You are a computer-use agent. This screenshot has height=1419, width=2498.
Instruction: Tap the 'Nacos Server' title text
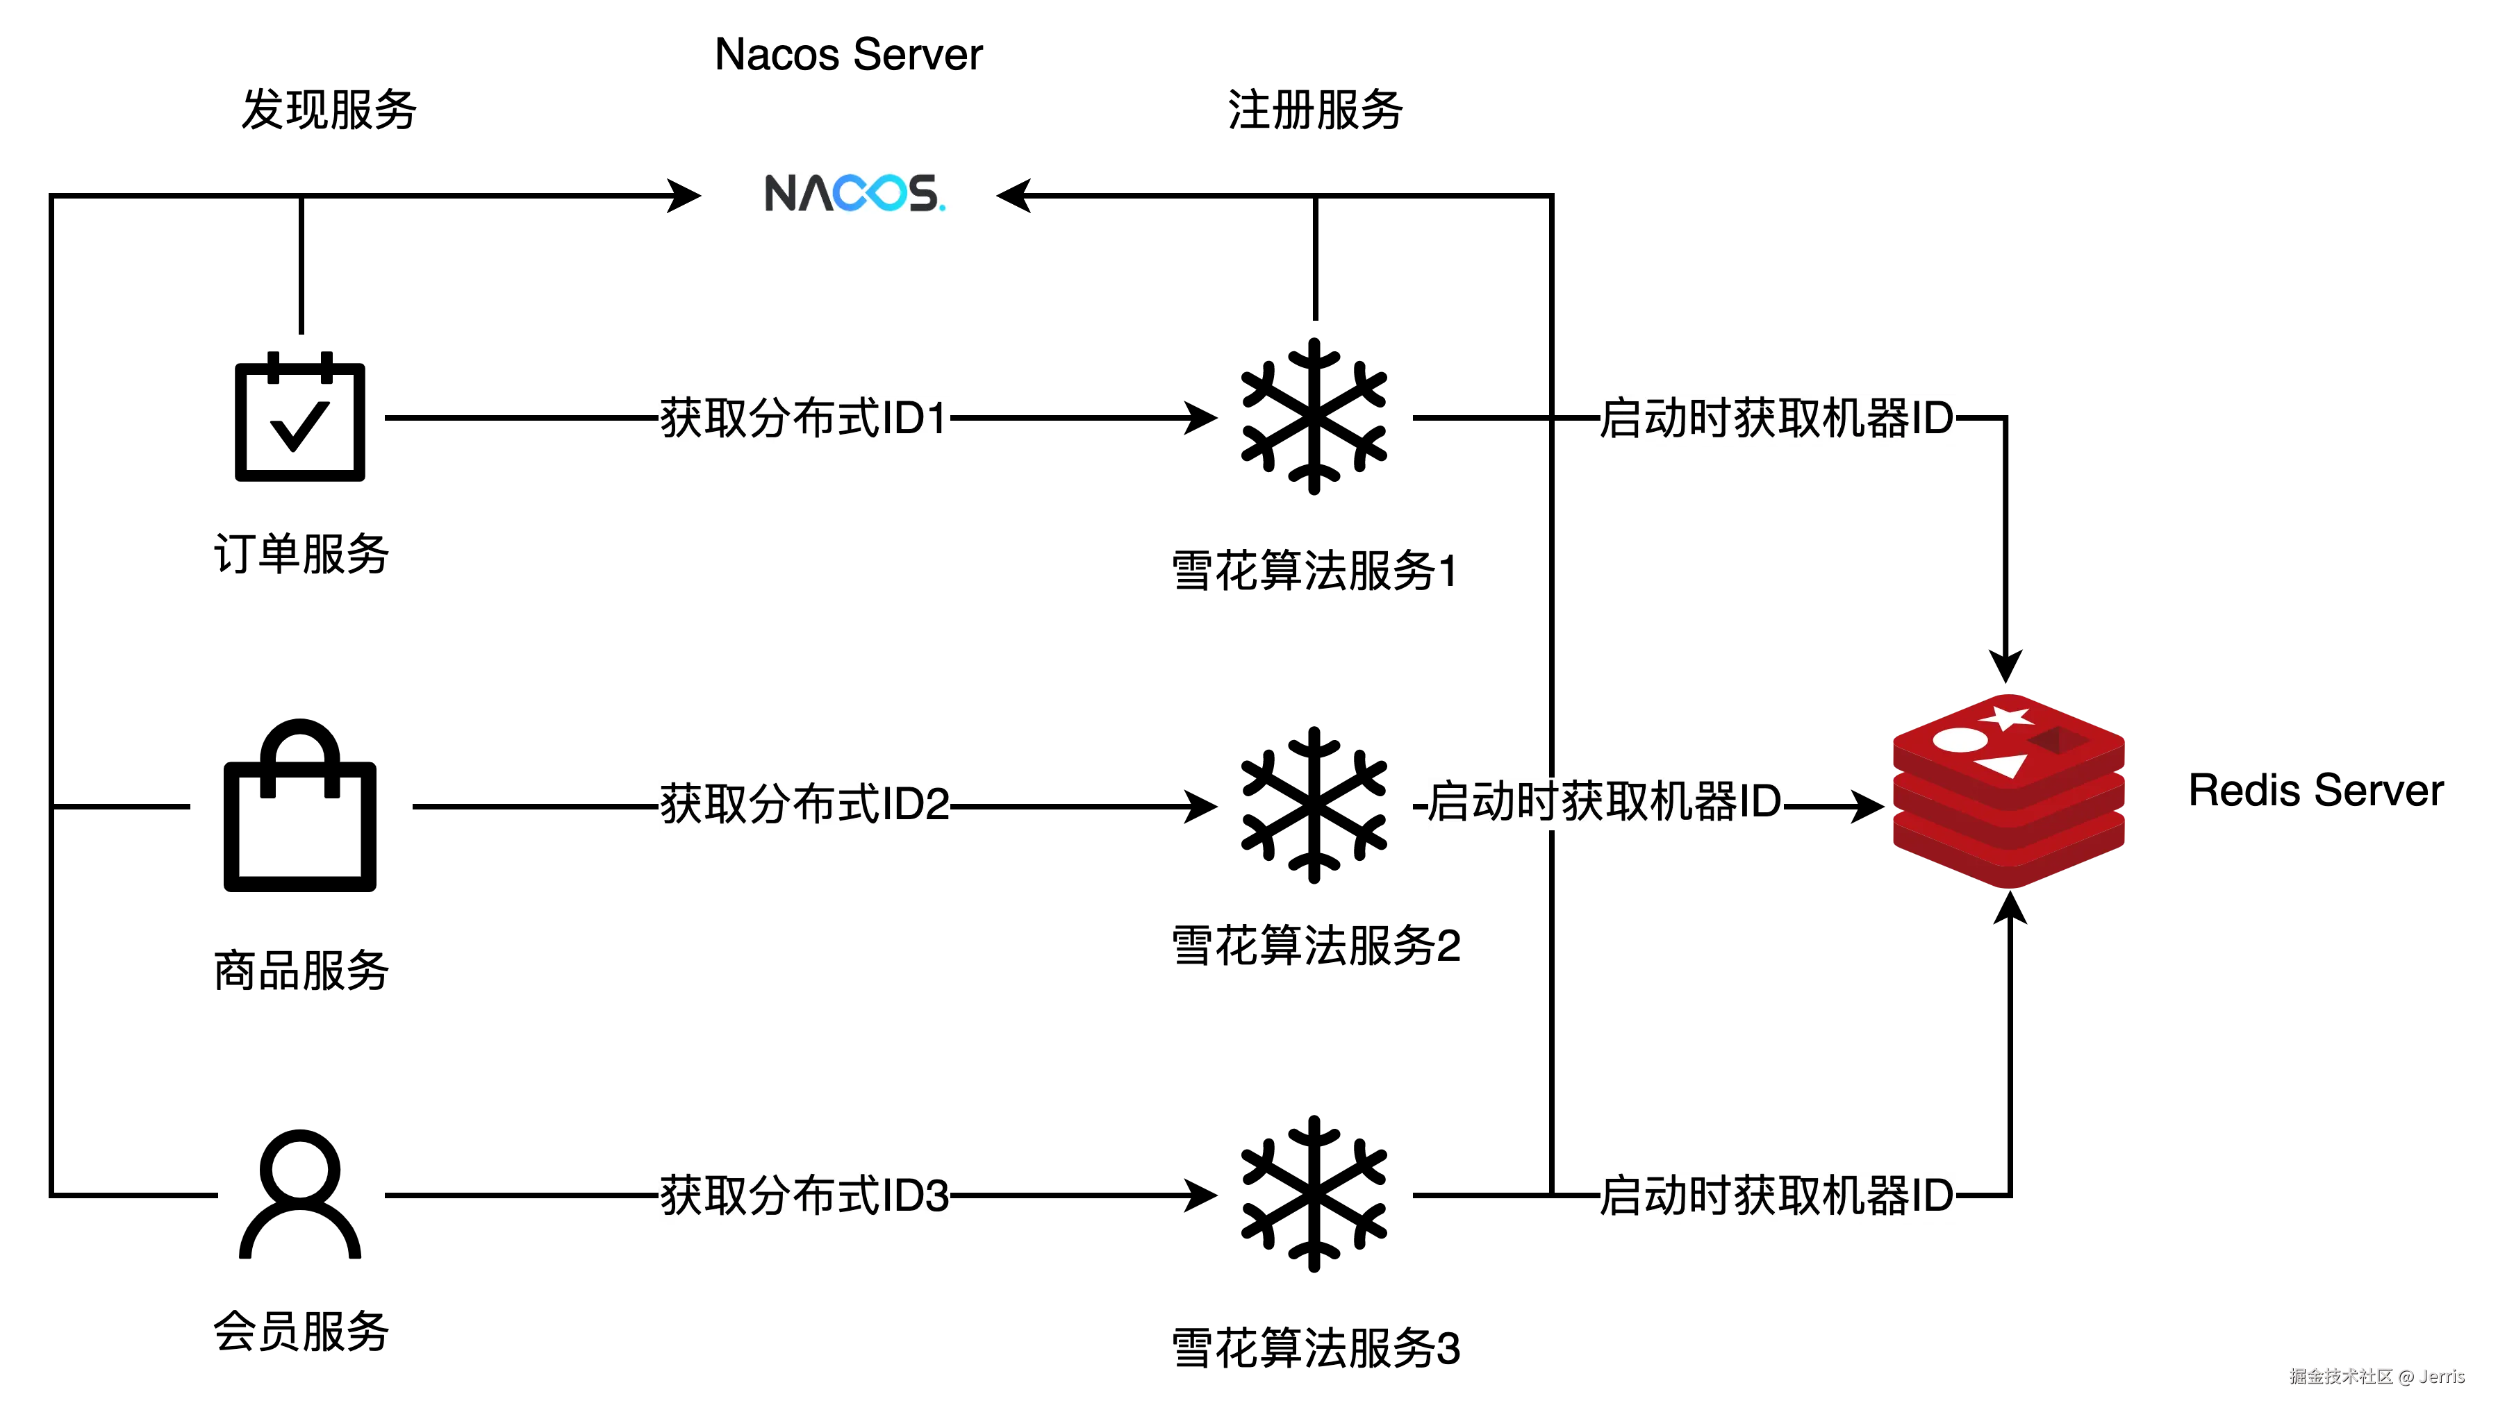pyautogui.click(x=848, y=55)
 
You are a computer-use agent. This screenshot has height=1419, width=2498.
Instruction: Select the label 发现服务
pyautogui.click(x=329, y=109)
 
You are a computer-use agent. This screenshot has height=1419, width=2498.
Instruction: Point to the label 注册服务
pyautogui.click(x=1315, y=109)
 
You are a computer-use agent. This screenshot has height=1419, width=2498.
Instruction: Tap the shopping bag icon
pyautogui.click(x=300, y=805)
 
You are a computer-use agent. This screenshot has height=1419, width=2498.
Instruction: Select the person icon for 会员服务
pyautogui.click(x=300, y=1194)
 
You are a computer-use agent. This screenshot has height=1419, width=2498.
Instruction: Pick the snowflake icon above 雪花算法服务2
pyautogui.click(x=1314, y=805)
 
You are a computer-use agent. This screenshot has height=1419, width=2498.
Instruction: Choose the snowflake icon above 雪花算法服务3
pyautogui.click(x=1314, y=1194)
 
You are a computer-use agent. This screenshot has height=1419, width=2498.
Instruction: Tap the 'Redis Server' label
pyautogui.click(x=2316, y=791)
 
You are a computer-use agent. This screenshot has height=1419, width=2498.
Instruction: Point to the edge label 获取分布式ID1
pyautogui.click(x=804, y=418)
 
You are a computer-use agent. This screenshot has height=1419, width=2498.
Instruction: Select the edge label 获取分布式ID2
pyautogui.click(x=804, y=805)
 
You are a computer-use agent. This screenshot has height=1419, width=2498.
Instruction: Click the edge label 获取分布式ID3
pyautogui.click(x=804, y=1195)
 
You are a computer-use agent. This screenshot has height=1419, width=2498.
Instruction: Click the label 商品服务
pyautogui.click(x=301, y=971)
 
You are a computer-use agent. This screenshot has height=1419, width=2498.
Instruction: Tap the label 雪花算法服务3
pyautogui.click(x=1315, y=1349)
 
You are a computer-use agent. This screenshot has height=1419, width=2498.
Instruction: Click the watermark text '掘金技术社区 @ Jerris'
pyautogui.click(x=2377, y=1376)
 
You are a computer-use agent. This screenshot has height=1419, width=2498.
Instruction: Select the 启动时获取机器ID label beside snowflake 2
pyautogui.click(x=1604, y=802)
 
